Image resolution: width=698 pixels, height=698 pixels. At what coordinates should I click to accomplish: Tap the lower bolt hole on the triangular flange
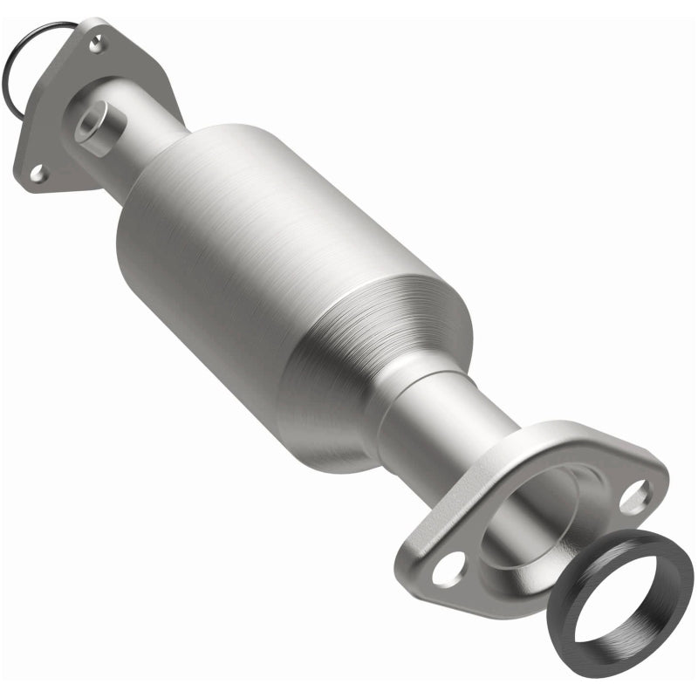[x=38, y=173]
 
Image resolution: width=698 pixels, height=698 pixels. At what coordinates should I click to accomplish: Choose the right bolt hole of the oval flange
[x=635, y=496]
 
